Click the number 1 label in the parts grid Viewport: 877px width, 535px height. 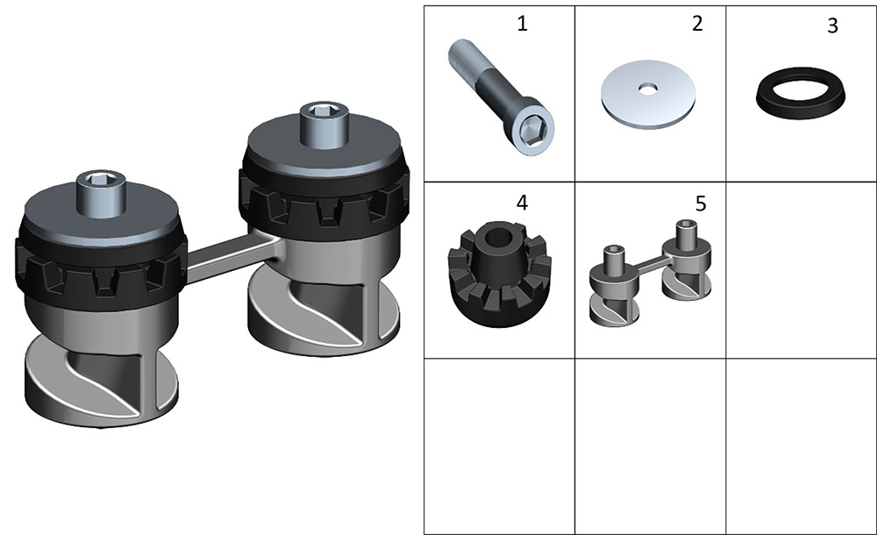tap(522, 24)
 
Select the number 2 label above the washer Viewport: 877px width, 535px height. tap(697, 24)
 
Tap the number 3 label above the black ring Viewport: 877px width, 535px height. tap(833, 25)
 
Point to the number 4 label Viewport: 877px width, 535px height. tap(522, 203)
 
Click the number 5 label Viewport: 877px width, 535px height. tap(701, 203)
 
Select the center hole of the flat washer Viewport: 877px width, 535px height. tap(648, 88)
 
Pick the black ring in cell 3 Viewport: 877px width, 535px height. tap(801, 93)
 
